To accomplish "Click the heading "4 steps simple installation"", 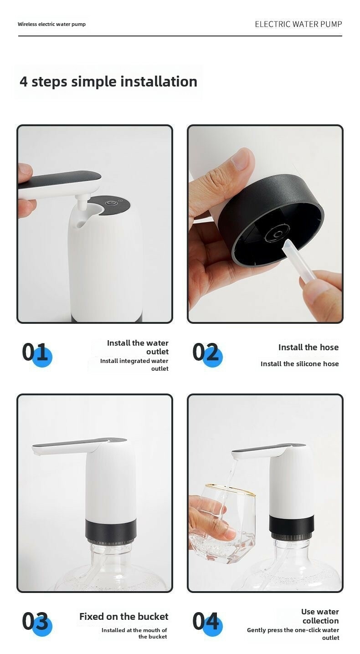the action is pos(108,82).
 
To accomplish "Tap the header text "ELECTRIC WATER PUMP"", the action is pos(298,24).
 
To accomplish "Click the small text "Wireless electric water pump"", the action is pos(51,24).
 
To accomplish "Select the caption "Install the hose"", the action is pos(309,347).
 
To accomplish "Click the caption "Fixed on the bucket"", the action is pos(124,616).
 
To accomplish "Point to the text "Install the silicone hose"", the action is pos(299,364).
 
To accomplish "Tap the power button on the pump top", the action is pos(111,204).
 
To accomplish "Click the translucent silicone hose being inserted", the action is pos(298,261).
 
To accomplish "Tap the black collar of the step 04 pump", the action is pos(292,524).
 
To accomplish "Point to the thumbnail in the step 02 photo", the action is pos(242,160).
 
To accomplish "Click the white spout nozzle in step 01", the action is pos(82,202).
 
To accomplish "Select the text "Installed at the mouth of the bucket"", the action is pos(134,633).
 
